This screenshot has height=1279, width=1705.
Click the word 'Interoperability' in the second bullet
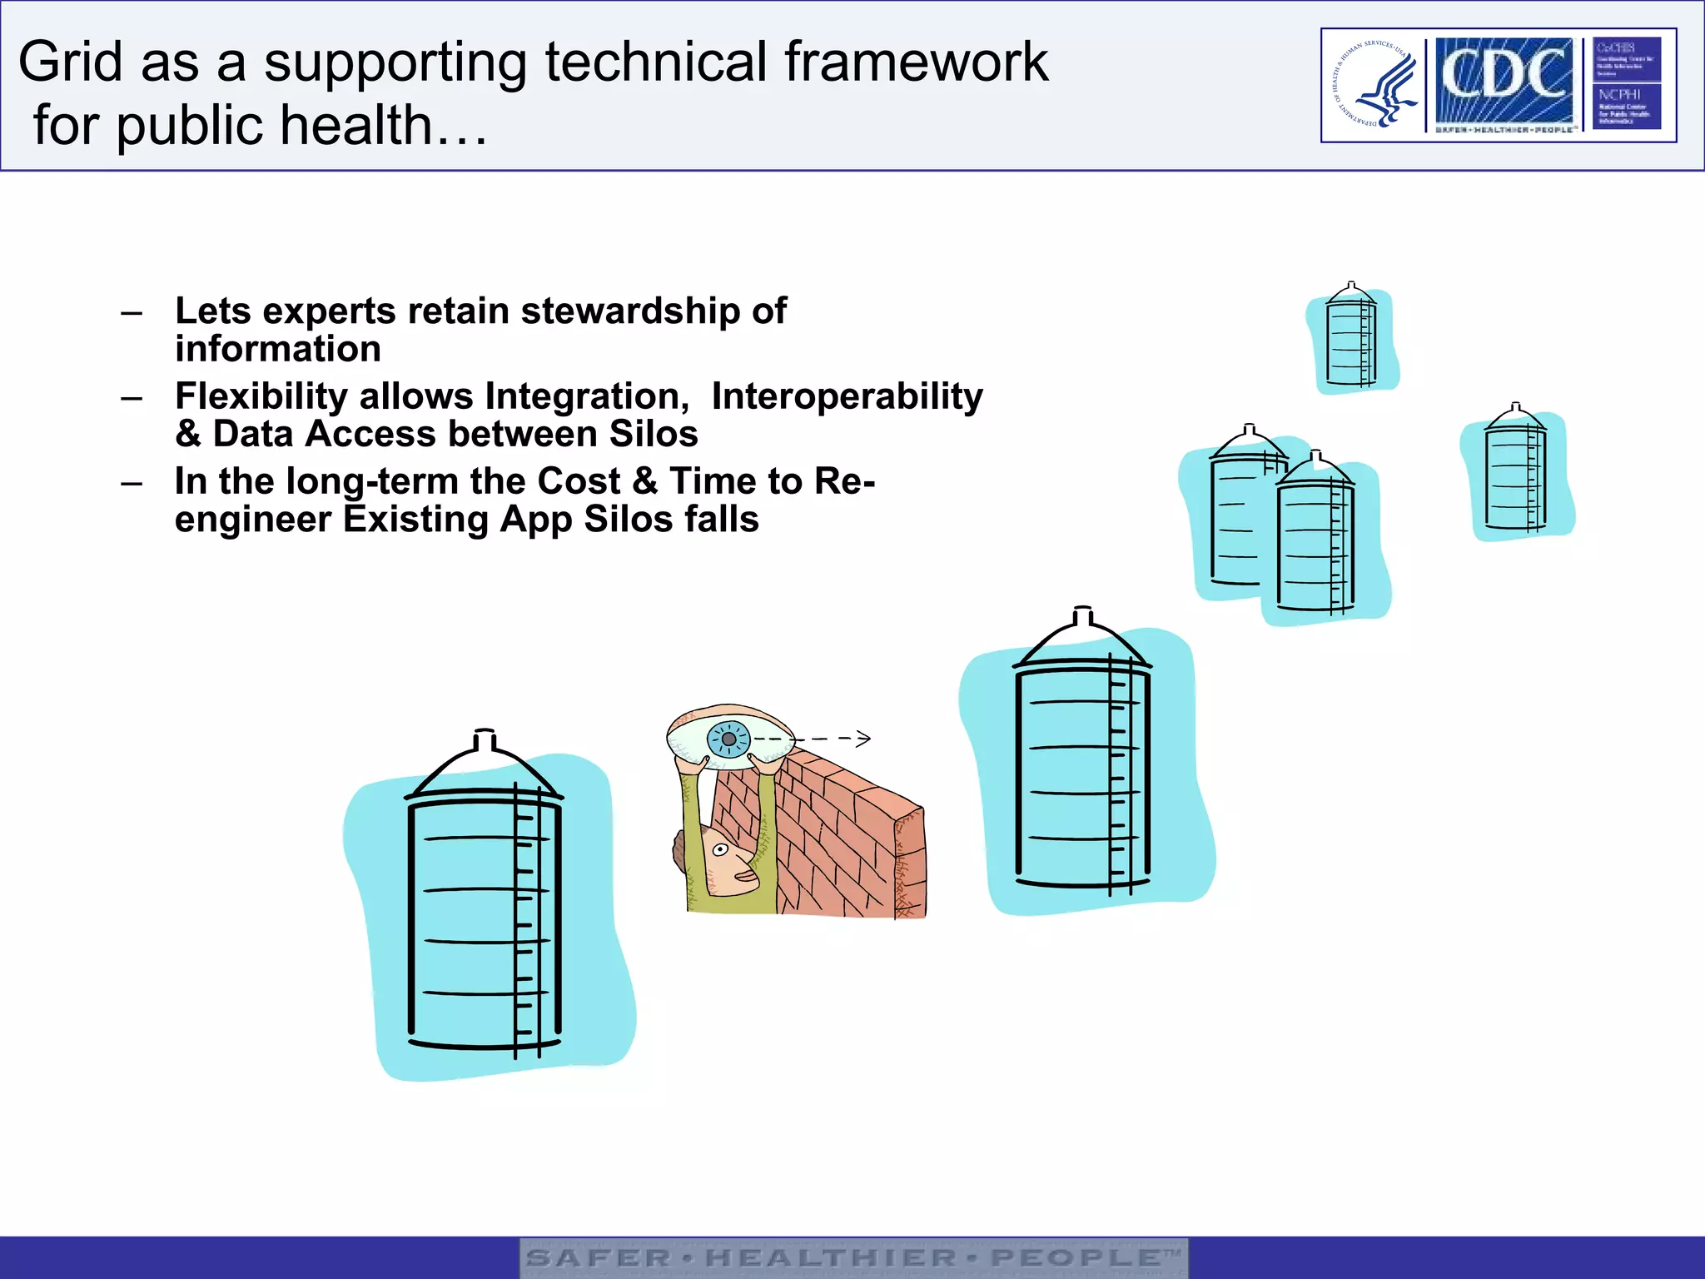(x=847, y=396)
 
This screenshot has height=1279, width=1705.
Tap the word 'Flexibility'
(x=261, y=396)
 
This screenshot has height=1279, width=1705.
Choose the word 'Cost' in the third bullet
(x=579, y=481)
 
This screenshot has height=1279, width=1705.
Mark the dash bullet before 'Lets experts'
(x=132, y=313)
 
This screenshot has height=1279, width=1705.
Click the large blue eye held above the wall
(x=728, y=739)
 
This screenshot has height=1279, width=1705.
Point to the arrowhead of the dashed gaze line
(x=864, y=738)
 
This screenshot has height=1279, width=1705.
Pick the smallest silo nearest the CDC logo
(x=1351, y=337)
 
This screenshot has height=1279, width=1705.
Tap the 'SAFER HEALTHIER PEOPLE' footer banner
(x=853, y=1257)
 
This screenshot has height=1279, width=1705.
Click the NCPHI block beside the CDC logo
(x=1626, y=107)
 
